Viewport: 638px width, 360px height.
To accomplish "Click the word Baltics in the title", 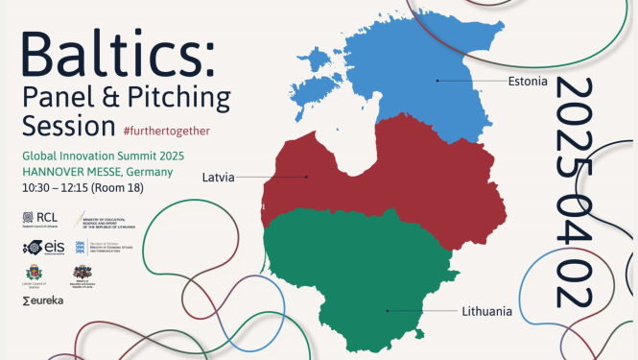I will (114, 48).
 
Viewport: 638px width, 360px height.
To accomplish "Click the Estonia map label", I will (529, 82).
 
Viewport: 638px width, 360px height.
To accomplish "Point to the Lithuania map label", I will (486, 311).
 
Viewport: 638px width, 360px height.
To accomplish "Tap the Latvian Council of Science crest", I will (34, 275).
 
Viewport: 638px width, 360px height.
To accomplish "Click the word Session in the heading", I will (63, 126).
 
